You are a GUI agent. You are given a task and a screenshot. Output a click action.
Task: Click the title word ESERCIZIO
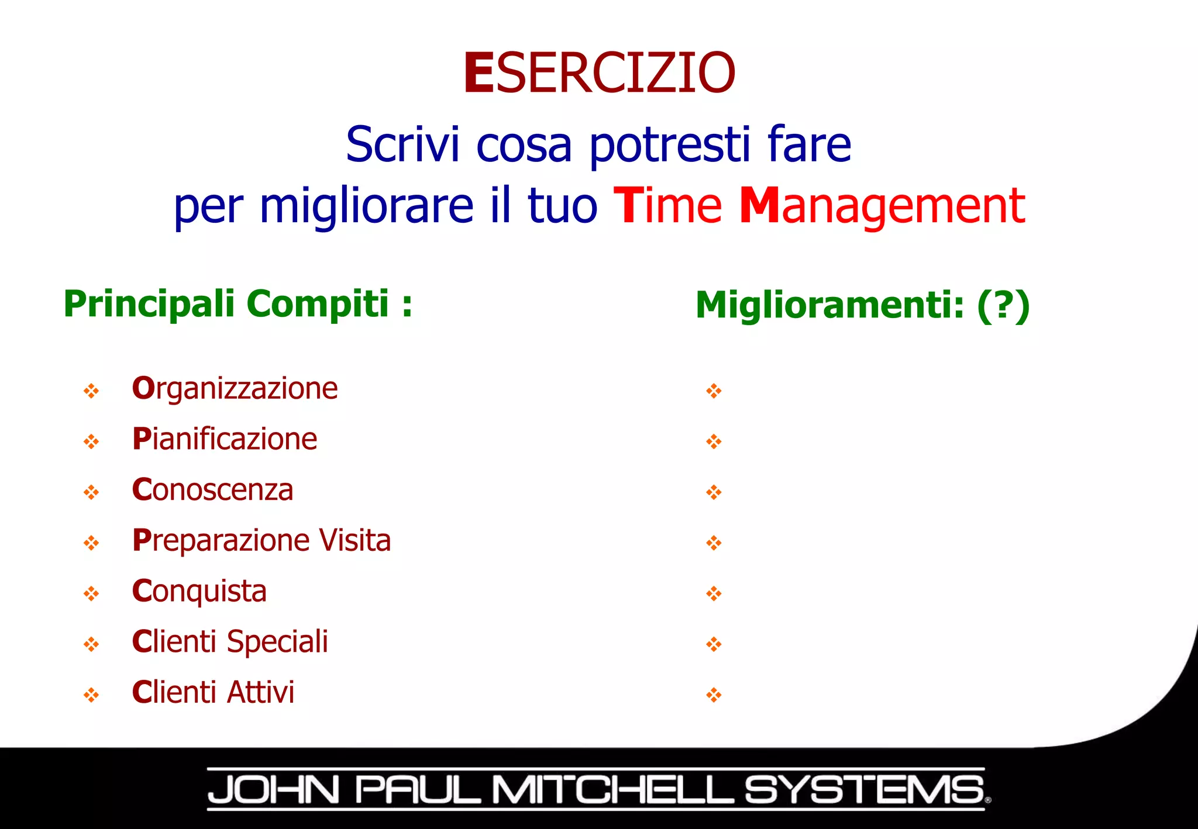[x=599, y=73]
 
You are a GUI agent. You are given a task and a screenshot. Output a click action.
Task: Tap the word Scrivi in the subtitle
[x=402, y=144]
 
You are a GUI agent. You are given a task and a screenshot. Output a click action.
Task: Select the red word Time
[x=667, y=206]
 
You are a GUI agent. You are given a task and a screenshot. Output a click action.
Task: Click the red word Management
[x=882, y=207]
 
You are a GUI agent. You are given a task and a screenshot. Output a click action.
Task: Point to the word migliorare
[x=366, y=207]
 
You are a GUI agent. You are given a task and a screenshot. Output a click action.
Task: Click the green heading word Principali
[x=149, y=305]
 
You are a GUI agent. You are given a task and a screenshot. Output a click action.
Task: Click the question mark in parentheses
[x=1003, y=306]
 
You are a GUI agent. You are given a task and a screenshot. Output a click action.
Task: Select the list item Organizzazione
[x=235, y=389]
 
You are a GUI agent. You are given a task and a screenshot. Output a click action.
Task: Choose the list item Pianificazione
[x=225, y=439]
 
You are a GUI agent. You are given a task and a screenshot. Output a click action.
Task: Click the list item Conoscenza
[x=212, y=490]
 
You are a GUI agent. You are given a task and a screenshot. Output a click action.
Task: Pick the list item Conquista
[x=199, y=592]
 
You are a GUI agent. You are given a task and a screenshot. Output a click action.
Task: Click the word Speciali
[x=277, y=642]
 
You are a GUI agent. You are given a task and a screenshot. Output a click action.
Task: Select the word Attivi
[x=260, y=693]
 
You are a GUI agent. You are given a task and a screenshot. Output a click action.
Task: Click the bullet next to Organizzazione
[x=91, y=391]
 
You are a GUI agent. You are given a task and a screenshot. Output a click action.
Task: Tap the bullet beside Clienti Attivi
[x=91, y=695]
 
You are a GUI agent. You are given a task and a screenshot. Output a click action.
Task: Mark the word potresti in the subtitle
[x=669, y=146]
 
